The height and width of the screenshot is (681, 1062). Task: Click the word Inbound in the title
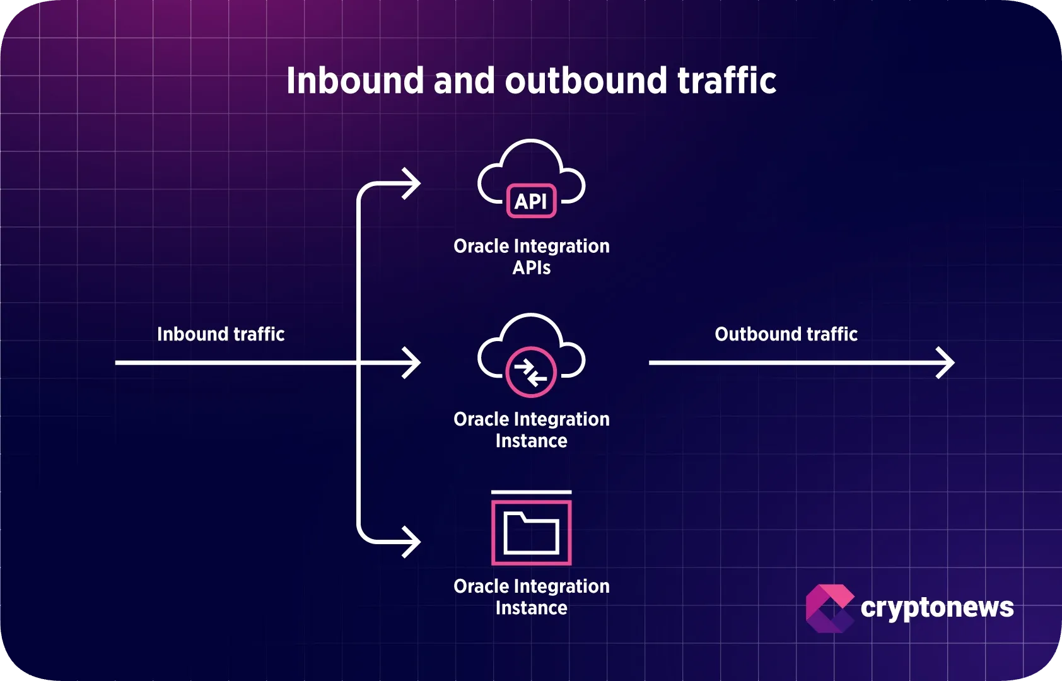pyautogui.click(x=355, y=81)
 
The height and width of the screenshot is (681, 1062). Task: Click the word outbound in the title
pyautogui.click(x=586, y=81)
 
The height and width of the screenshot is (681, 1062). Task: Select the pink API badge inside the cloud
pyautogui.click(x=531, y=201)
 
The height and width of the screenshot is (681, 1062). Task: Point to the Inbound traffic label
pyautogui.click(x=221, y=334)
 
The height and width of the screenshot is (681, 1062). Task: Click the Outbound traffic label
pyautogui.click(x=786, y=334)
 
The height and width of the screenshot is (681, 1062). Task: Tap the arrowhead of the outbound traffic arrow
pyautogui.click(x=947, y=363)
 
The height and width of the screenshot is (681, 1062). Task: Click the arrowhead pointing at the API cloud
pyautogui.click(x=413, y=184)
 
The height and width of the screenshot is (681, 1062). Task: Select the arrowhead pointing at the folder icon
pyautogui.click(x=413, y=542)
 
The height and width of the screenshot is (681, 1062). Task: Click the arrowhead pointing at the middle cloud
pyautogui.click(x=413, y=363)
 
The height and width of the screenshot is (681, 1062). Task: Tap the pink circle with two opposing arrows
pyautogui.click(x=531, y=372)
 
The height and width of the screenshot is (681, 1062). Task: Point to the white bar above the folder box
pyautogui.click(x=531, y=492)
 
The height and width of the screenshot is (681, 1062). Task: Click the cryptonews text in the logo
pyautogui.click(x=937, y=608)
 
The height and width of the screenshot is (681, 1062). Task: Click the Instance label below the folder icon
pyautogui.click(x=531, y=608)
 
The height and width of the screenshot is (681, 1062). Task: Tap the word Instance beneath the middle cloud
pyautogui.click(x=531, y=441)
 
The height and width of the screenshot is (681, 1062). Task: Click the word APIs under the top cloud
pyautogui.click(x=531, y=268)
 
